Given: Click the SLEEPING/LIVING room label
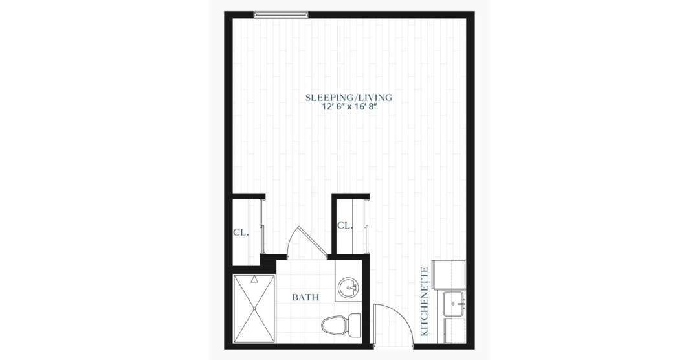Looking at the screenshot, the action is (349, 97).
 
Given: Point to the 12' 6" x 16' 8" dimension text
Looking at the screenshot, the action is (349, 107).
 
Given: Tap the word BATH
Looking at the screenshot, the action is (305, 297).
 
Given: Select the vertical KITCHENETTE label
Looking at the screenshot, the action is (425, 302).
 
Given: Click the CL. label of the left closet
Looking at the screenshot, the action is (241, 233).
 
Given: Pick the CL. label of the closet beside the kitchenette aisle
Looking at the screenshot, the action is (345, 225).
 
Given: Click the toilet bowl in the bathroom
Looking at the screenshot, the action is (334, 325).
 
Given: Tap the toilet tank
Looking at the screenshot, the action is (355, 325).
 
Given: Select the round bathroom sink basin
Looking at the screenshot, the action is (348, 287).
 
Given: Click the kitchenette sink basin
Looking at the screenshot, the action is (454, 304).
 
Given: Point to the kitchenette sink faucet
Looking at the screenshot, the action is (453, 303).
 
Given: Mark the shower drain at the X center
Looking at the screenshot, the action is (254, 308).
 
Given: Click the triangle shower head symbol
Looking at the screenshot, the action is (254, 280).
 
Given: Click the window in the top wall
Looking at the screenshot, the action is (281, 15).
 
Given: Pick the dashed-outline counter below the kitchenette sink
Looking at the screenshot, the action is (455, 331).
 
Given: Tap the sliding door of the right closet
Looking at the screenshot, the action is (366, 227).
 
